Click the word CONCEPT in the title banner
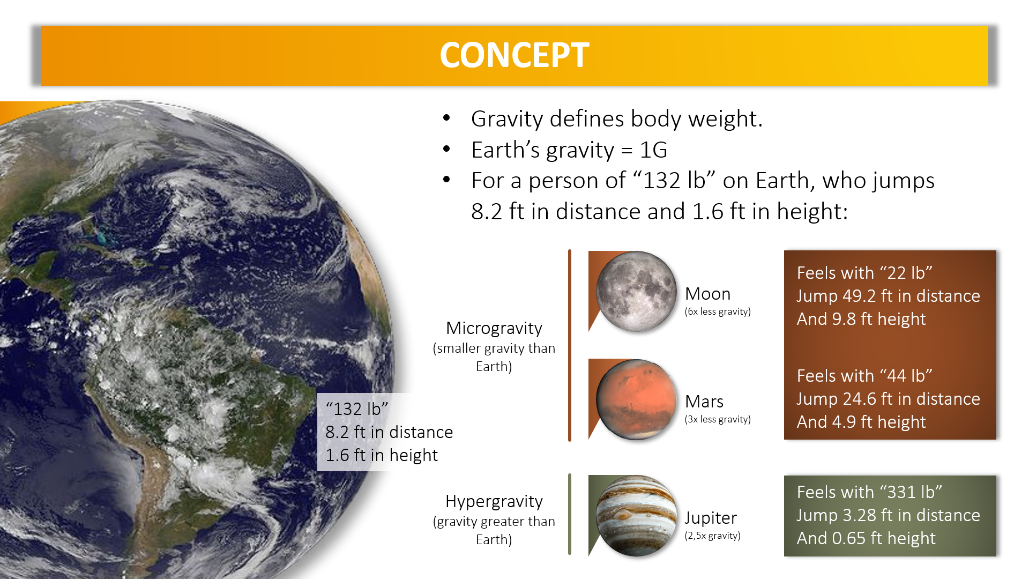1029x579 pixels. pos(514,55)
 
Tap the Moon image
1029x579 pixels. pos(636,291)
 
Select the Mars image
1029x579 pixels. pos(636,399)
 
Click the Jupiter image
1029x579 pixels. pos(636,516)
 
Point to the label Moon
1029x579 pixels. pos(707,294)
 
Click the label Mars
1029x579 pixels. pos(704,402)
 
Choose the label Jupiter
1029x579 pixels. pos(711,518)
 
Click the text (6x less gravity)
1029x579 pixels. pos(718,311)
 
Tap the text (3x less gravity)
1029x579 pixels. pos(718,419)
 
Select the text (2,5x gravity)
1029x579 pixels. pos(712,536)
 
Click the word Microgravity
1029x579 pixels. pos(494,328)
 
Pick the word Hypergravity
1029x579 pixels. pos(494,502)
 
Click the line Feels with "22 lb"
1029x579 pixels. pos(864,273)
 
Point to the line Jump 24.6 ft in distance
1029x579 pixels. pos(888,399)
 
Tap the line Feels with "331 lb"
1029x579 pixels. pos(869,492)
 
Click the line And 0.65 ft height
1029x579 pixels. pos(866,538)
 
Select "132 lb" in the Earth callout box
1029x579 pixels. pos(357,409)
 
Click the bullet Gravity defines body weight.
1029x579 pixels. pos(617,119)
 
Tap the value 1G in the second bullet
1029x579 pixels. pos(653,150)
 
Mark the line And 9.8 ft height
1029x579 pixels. pos(861,319)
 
